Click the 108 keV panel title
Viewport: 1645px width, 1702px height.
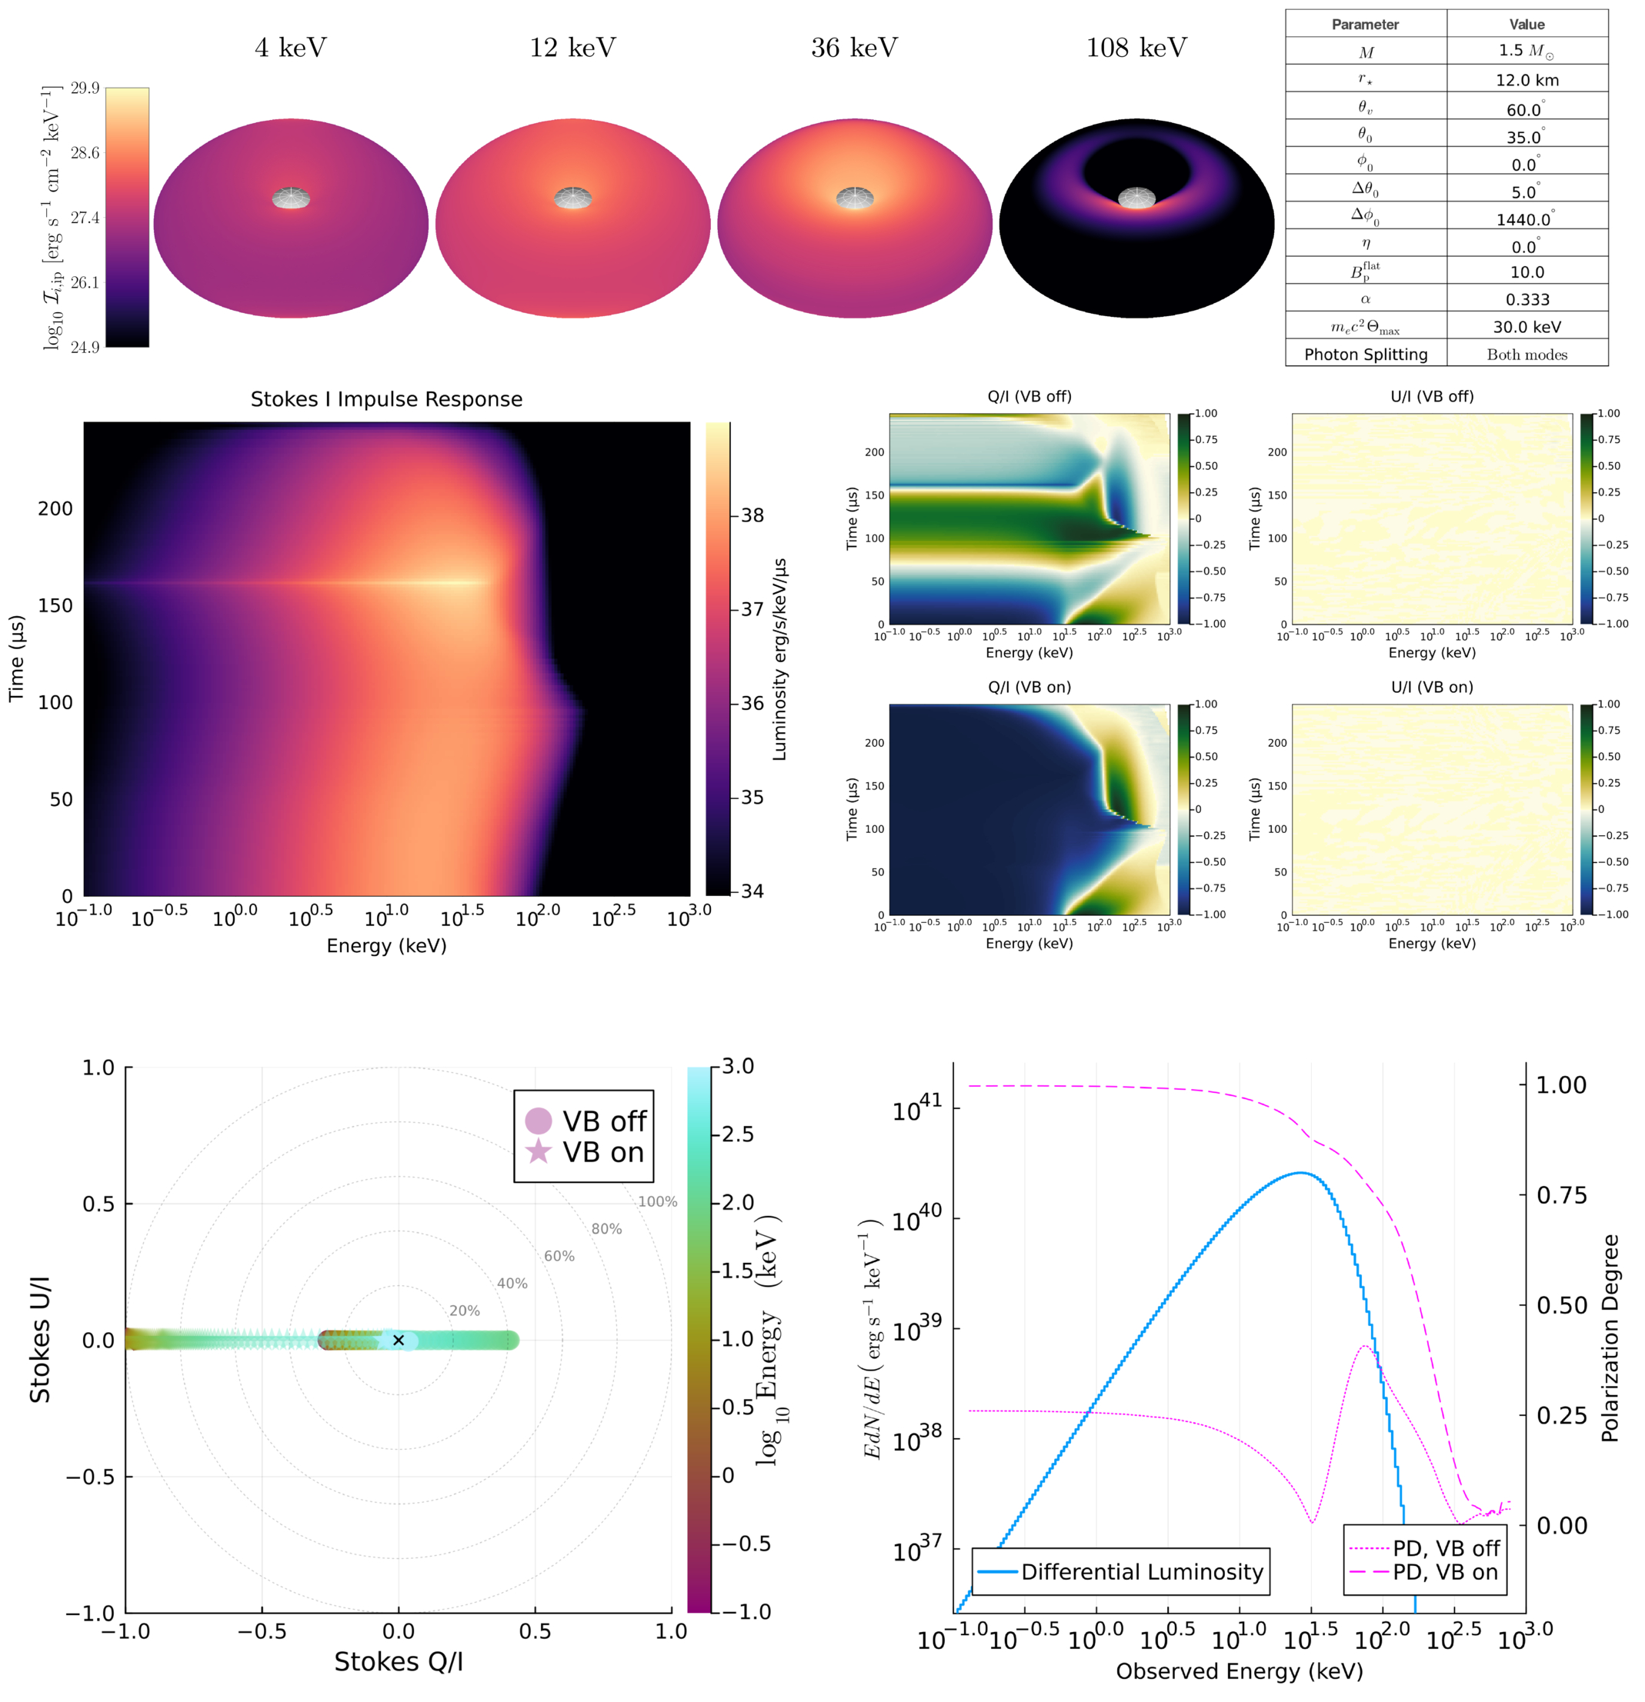pyautogui.click(x=1136, y=48)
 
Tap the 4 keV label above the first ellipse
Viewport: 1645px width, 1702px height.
pyautogui.click(x=291, y=48)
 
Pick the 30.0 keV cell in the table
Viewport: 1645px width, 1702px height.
pyautogui.click(x=1527, y=328)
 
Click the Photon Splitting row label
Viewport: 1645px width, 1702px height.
pyautogui.click(x=1366, y=355)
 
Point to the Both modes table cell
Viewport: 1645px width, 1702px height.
pyautogui.click(x=1527, y=355)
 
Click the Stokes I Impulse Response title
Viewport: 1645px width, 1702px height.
pyautogui.click(x=386, y=399)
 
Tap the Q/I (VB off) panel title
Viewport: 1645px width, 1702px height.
pyautogui.click(x=1029, y=397)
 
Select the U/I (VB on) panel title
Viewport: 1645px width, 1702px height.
pyautogui.click(x=1432, y=687)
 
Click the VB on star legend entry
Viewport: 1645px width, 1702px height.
pyautogui.click(x=585, y=1152)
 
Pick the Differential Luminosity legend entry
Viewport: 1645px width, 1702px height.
pyautogui.click(x=1120, y=1572)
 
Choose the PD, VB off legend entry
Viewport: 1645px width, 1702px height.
pyautogui.click(x=1424, y=1548)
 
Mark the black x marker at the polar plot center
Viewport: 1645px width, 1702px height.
pyautogui.click(x=399, y=1341)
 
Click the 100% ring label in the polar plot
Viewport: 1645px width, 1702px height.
pyautogui.click(x=658, y=1202)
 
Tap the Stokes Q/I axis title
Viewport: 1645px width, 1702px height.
pyautogui.click(x=399, y=1662)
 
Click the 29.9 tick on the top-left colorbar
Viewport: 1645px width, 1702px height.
pyautogui.click(x=85, y=88)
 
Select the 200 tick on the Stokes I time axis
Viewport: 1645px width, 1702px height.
pyautogui.click(x=55, y=509)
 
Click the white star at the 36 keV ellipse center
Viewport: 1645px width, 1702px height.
pyautogui.click(x=855, y=198)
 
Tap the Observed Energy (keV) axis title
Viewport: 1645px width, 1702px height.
pyautogui.click(x=1240, y=1671)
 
